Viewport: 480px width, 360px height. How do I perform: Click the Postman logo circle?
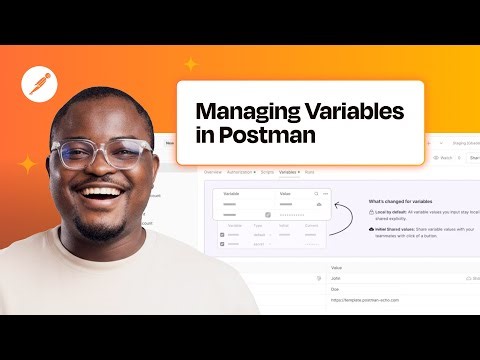click(x=38, y=87)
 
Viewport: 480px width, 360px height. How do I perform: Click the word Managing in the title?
click(x=241, y=110)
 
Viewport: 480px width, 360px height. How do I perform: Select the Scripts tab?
click(x=266, y=172)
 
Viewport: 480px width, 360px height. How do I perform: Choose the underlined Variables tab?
click(x=289, y=172)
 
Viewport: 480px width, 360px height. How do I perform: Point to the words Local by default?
click(x=392, y=213)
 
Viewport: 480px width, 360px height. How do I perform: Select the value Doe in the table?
click(x=335, y=288)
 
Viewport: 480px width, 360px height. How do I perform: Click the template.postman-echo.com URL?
click(x=371, y=299)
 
